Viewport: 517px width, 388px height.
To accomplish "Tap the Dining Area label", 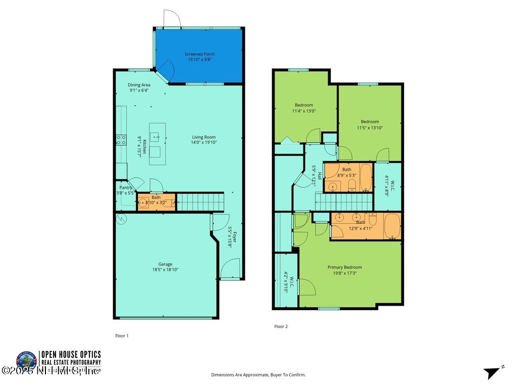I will tap(139, 85).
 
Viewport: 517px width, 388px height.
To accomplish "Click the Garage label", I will tap(165, 264).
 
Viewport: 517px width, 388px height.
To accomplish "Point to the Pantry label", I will tap(126, 187).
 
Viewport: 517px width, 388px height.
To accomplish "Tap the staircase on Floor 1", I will tap(200, 202).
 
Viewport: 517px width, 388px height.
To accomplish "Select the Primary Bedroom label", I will tap(344, 267).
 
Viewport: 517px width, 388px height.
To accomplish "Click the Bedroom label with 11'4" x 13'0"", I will tap(304, 105).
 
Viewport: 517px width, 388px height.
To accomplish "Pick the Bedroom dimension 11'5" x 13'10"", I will tap(370, 128).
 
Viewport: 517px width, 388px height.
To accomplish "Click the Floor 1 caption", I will tap(122, 335).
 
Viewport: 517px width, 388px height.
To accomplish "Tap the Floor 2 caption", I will tap(281, 326).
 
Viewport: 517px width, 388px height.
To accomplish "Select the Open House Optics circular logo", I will tap(26, 361).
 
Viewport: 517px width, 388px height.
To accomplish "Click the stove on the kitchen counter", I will tap(121, 139).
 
